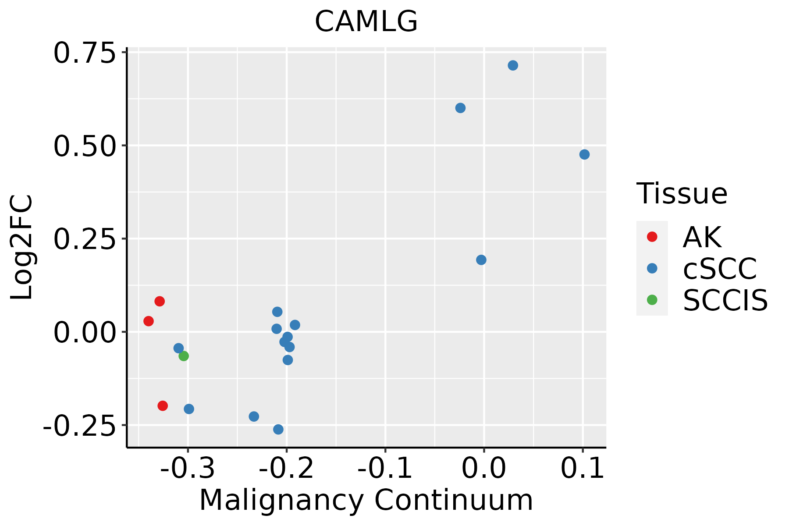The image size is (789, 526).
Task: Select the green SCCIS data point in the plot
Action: [x=184, y=356]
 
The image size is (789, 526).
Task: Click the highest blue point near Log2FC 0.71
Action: [x=513, y=65]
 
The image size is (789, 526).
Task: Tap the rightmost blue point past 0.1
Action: [x=584, y=154]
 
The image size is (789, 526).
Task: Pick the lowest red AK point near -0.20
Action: [x=163, y=405]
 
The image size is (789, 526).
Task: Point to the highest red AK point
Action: [x=160, y=301]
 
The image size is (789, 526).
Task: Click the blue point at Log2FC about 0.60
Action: [x=460, y=108]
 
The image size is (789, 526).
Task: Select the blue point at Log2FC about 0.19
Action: [x=481, y=260]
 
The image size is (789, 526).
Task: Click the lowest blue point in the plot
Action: [x=278, y=429]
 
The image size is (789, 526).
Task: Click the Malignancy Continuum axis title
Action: [x=366, y=500]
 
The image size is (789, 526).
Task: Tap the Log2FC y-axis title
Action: [x=22, y=248]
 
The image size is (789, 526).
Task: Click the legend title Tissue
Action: [x=682, y=193]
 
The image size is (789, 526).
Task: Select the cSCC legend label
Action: [x=719, y=269]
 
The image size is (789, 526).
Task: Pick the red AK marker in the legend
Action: [x=652, y=237]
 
